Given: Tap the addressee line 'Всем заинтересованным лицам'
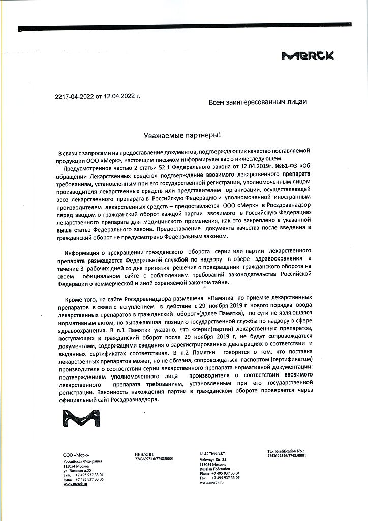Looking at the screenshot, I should click(258, 102).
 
